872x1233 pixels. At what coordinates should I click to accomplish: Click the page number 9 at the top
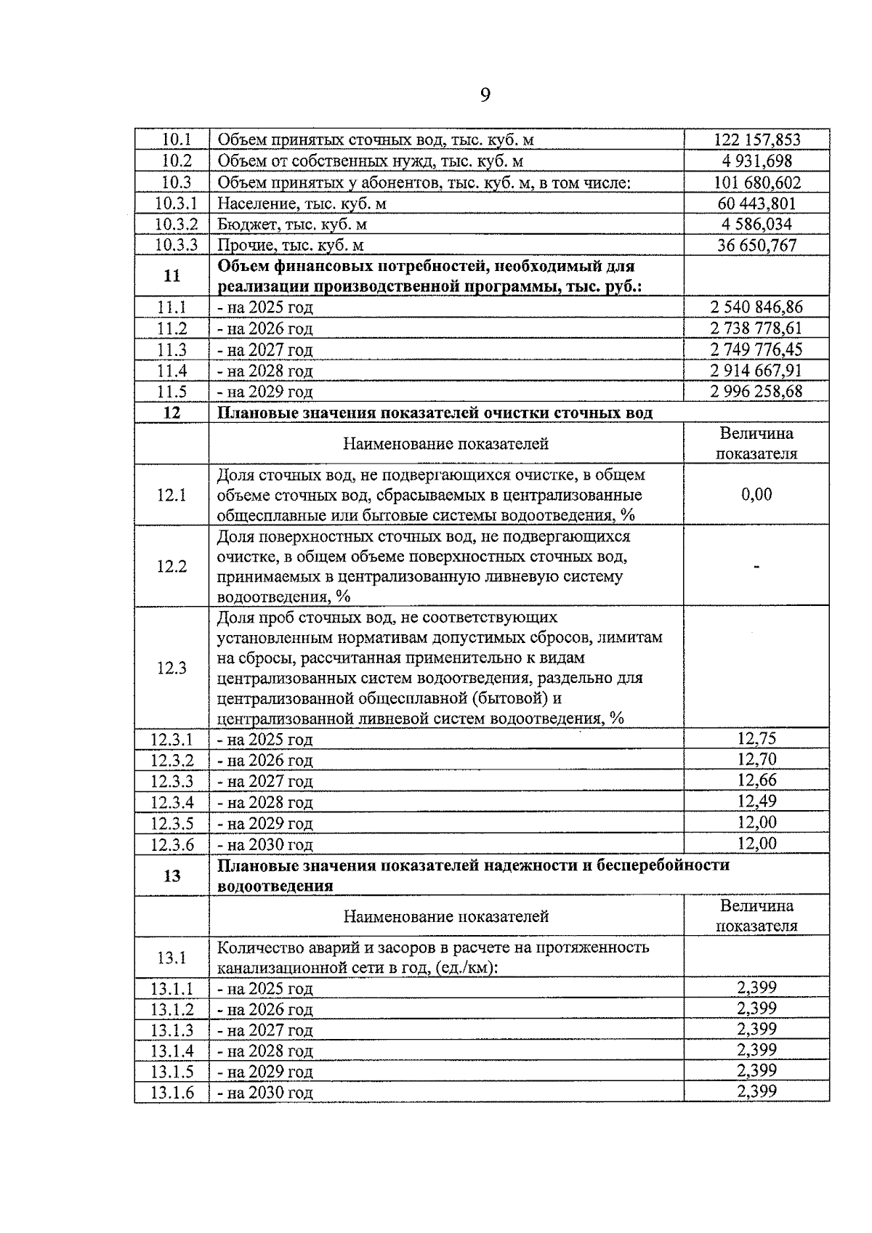click(x=485, y=95)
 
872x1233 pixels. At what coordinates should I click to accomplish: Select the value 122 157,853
click(x=756, y=140)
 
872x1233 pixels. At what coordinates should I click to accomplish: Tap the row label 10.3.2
click(x=172, y=225)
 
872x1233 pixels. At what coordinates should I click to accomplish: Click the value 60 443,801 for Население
click(x=756, y=203)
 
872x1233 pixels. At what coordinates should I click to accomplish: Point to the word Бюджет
click(x=243, y=225)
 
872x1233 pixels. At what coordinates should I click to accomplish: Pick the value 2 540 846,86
click(x=756, y=307)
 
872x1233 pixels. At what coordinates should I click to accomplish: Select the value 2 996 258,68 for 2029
click(x=756, y=392)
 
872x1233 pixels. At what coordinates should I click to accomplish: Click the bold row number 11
click(x=172, y=276)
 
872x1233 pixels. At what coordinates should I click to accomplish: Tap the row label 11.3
click(x=172, y=349)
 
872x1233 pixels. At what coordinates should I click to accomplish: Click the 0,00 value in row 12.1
click(x=756, y=495)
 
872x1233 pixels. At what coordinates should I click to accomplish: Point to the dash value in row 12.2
click(x=756, y=567)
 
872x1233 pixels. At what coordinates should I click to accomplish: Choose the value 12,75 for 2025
click(x=756, y=739)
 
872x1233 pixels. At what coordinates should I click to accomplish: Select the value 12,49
click(x=756, y=801)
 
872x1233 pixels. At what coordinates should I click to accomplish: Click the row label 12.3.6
click(x=172, y=844)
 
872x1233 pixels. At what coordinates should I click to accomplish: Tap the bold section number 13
click(x=172, y=876)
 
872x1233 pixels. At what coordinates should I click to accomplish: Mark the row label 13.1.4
click(x=172, y=1051)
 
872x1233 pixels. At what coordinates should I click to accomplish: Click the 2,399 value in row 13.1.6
click(x=756, y=1091)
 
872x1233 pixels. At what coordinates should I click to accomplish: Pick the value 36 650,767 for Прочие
click(x=756, y=246)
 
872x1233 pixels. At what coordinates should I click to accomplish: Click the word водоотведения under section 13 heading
click(x=275, y=886)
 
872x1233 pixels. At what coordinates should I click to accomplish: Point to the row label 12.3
click(x=172, y=668)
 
